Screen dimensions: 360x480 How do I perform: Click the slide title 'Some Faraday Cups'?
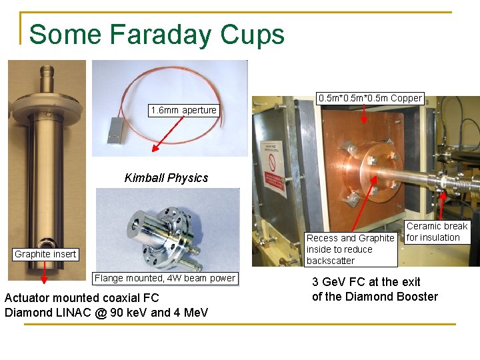[x=157, y=35]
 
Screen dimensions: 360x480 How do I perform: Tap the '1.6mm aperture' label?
[x=183, y=110]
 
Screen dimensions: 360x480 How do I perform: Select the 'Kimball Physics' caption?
[x=166, y=178]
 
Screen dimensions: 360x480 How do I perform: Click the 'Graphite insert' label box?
[x=46, y=254]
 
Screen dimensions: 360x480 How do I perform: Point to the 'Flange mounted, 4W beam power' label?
[x=165, y=278]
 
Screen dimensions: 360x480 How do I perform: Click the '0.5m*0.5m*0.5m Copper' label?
[x=370, y=98]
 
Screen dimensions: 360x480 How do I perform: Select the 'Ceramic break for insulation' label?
[x=437, y=232]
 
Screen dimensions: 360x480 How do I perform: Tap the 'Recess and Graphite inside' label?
[x=350, y=249]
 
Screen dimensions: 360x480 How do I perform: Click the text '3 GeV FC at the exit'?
[x=366, y=282]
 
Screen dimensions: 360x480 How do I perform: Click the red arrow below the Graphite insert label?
[x=45, y=270]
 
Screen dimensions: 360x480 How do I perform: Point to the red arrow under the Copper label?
[x=363, y=114]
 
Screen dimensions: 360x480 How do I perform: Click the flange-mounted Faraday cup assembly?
[x=167, y=230]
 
